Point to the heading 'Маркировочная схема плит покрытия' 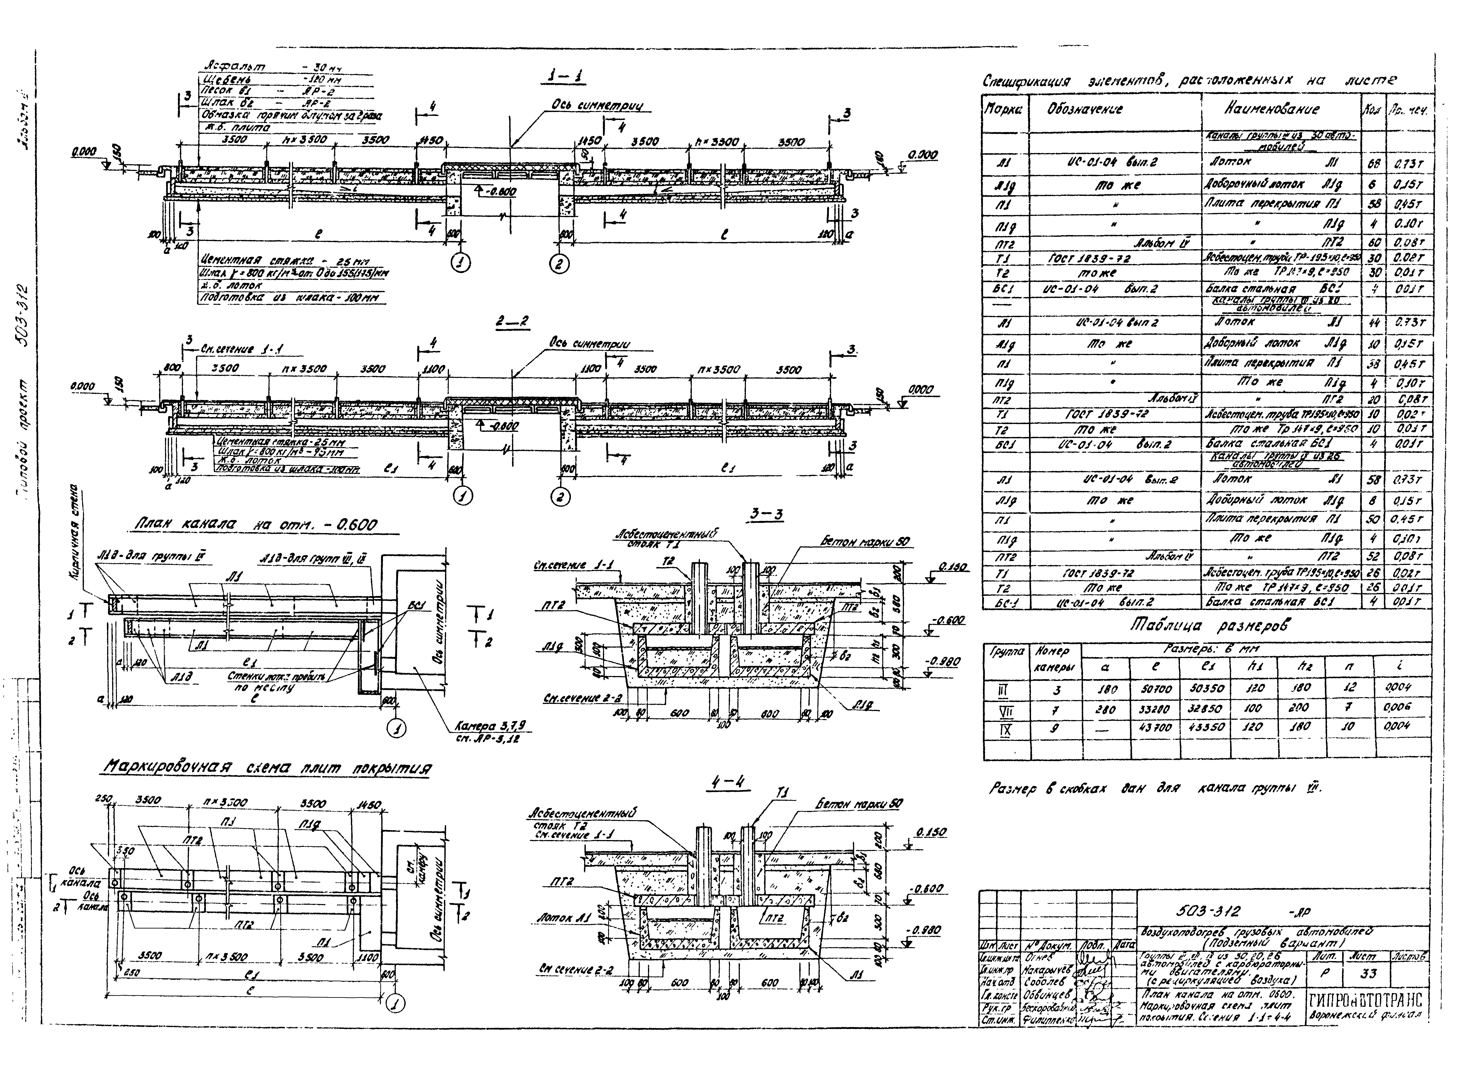coord(267,768)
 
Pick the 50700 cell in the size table coord(1156,688)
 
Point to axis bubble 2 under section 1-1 coord(559,263)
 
